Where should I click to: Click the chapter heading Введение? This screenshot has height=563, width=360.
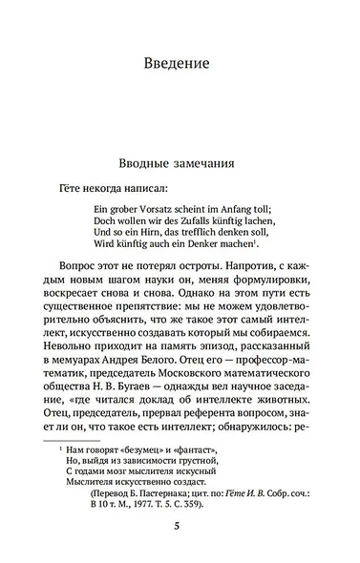180,65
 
